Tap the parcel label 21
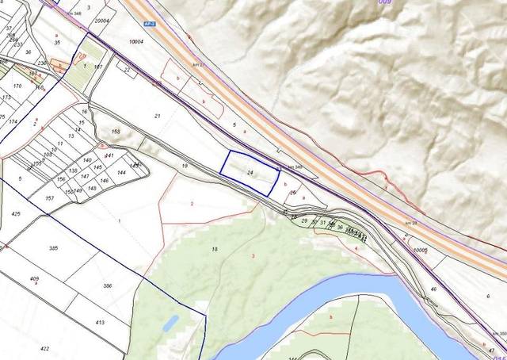pos(157,117)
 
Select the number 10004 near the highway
pos(136,40)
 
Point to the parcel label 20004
pos(101,22)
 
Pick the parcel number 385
pos(53,248)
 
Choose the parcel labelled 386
pos(108,285)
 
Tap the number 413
pos(100,323)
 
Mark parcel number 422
pos(44,349)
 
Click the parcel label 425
pos(16,214)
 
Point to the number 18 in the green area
pos(214,250)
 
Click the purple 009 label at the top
pos(385,2)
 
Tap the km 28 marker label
pos(410,224)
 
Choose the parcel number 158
pos(116,132)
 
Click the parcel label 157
pos(50,197)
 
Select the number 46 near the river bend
pos(433,290)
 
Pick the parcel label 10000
pos(420,249)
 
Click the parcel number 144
pos(121,172)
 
